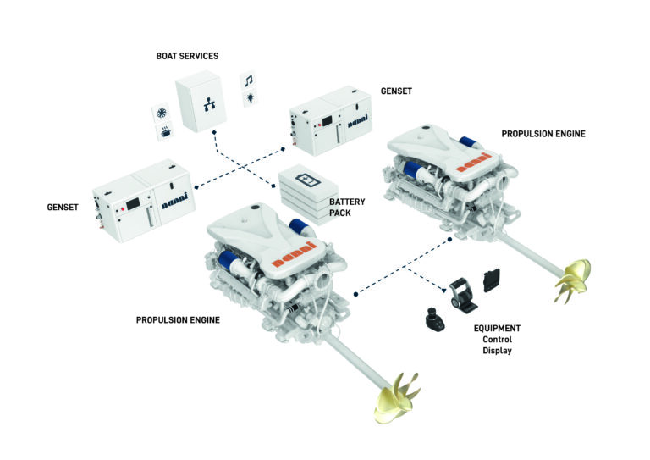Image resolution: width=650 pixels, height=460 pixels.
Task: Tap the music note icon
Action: pos(249,80)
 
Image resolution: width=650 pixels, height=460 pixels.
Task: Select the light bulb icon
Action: pos(250,99)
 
